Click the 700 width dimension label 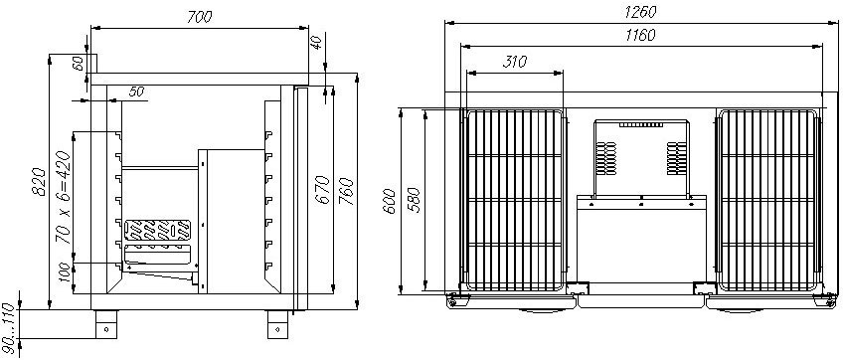click(200, 17)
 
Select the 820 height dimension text click(38, 182)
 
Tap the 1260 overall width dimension click(640, 12)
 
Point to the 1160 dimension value click(640, 36)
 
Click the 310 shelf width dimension click(515, 63)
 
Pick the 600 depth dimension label click(390, 201)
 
